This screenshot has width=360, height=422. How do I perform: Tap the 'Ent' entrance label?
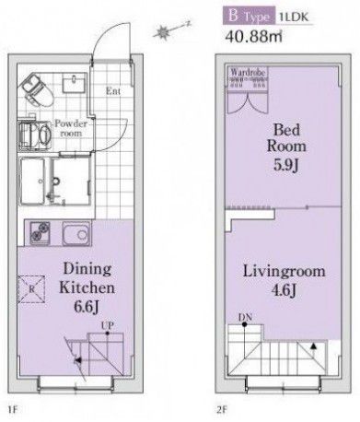click(x=114, y=90)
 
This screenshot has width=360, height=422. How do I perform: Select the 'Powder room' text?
click(x=69, y=128)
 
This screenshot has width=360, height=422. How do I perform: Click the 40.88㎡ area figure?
click(x=255, y=39)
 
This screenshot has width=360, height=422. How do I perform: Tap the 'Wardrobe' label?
click(x=248, y=71)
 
